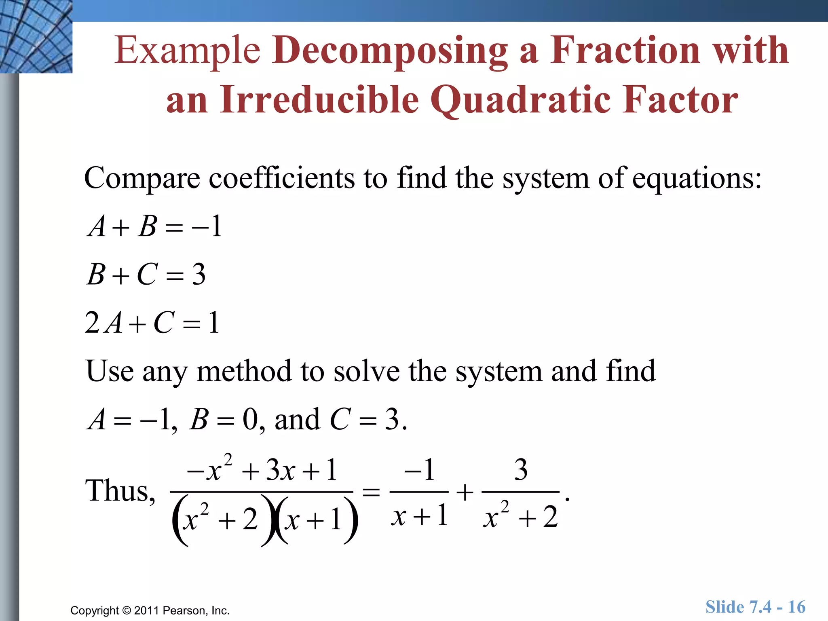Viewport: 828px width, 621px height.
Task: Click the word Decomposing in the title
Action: coord(389,51)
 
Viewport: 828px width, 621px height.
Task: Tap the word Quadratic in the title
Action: coord(520,100)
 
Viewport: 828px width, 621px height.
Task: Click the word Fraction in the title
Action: coord(625,51)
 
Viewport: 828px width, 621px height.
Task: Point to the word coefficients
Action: coord(281,178)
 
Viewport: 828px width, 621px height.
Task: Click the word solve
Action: coord(367,371)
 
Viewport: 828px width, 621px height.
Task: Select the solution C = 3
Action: coord(368,420)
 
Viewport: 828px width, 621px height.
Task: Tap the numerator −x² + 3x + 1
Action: coord(262,470)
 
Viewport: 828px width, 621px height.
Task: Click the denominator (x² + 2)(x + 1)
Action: coord(265,519)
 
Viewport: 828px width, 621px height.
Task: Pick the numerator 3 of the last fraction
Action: coord(521,470)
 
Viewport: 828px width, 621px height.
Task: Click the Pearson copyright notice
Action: coord(150,610)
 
